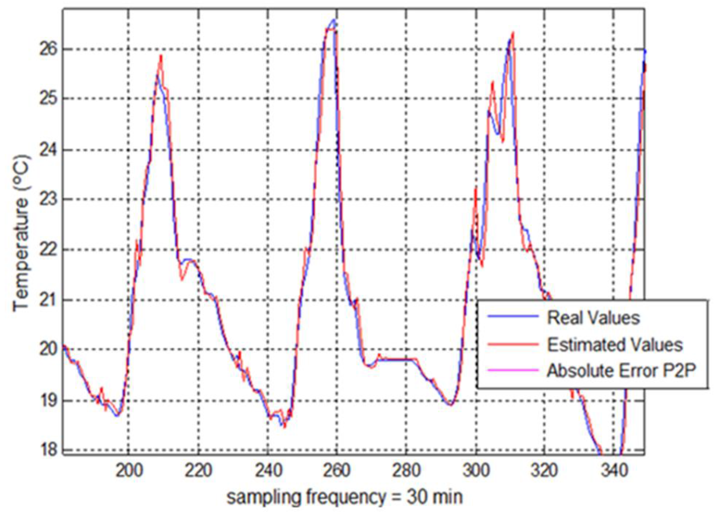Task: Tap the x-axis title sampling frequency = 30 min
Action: tap(344, 497)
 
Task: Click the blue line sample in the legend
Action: tap(513, 316)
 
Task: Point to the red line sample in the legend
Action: tap(513, 343)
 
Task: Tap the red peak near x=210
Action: tap(161, 56)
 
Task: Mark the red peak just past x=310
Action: tap(513, 32)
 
